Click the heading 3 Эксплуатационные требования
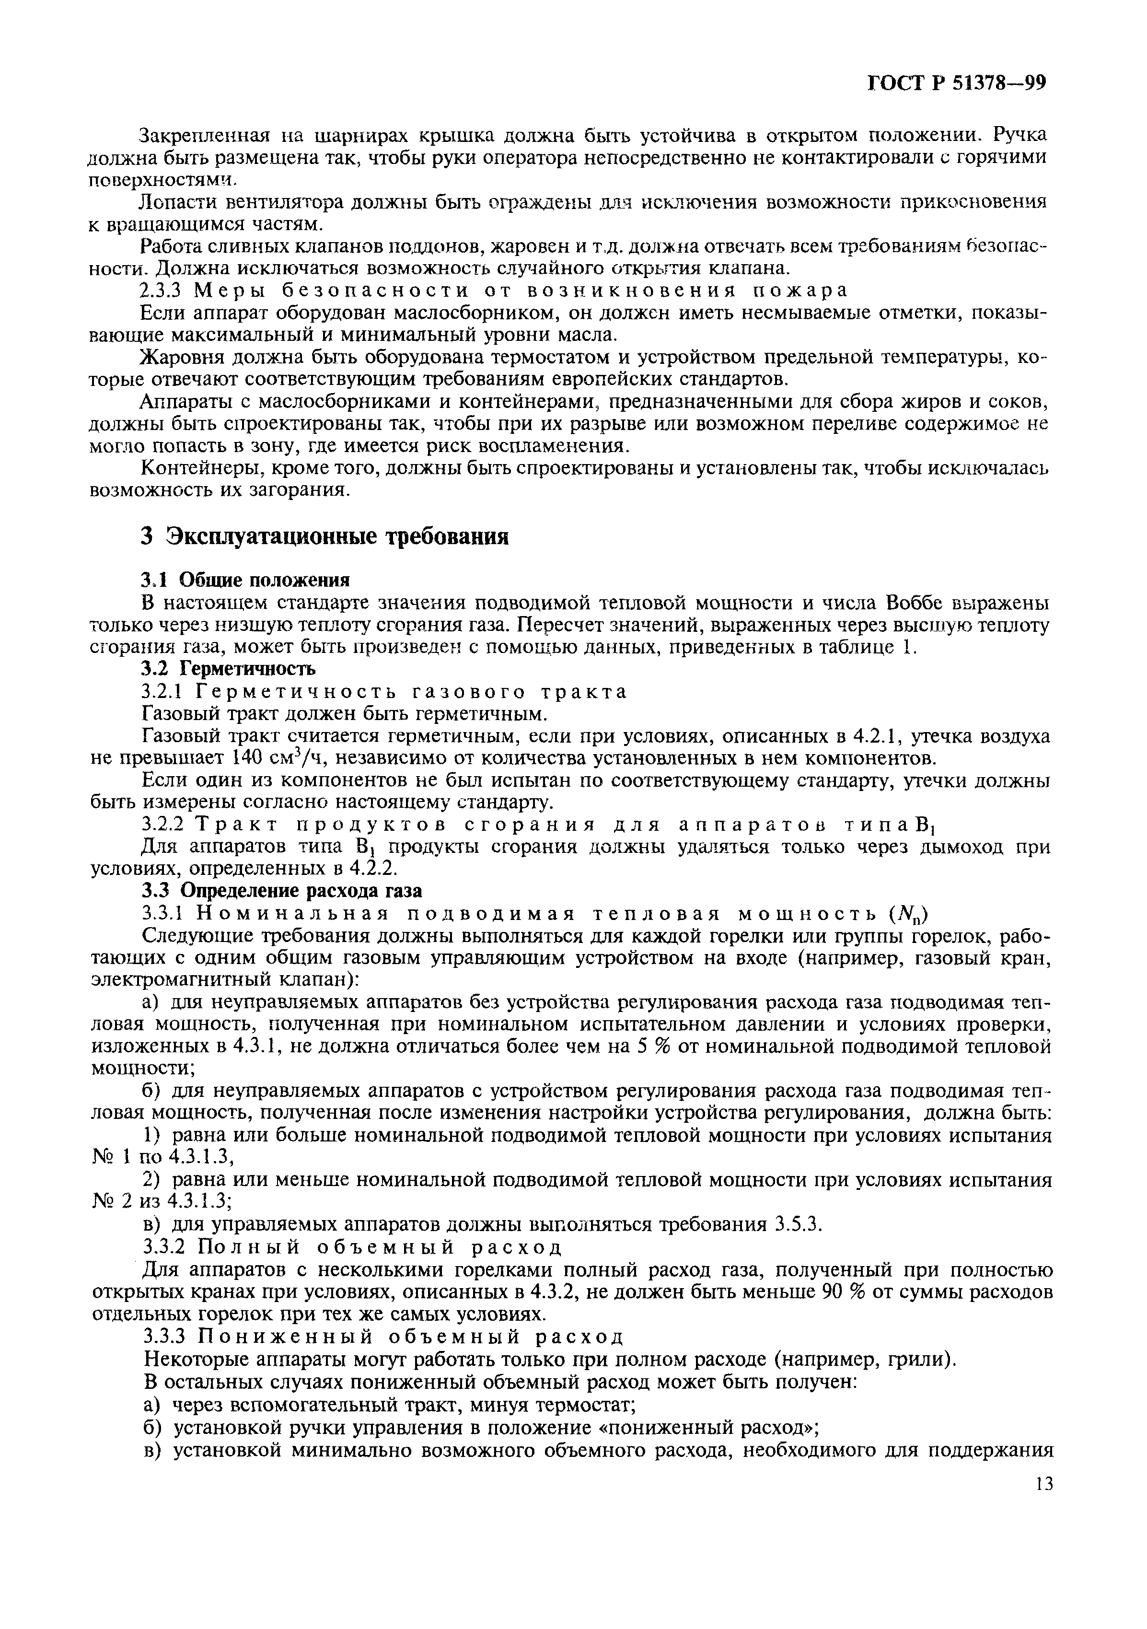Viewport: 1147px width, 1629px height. [324, 537]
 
